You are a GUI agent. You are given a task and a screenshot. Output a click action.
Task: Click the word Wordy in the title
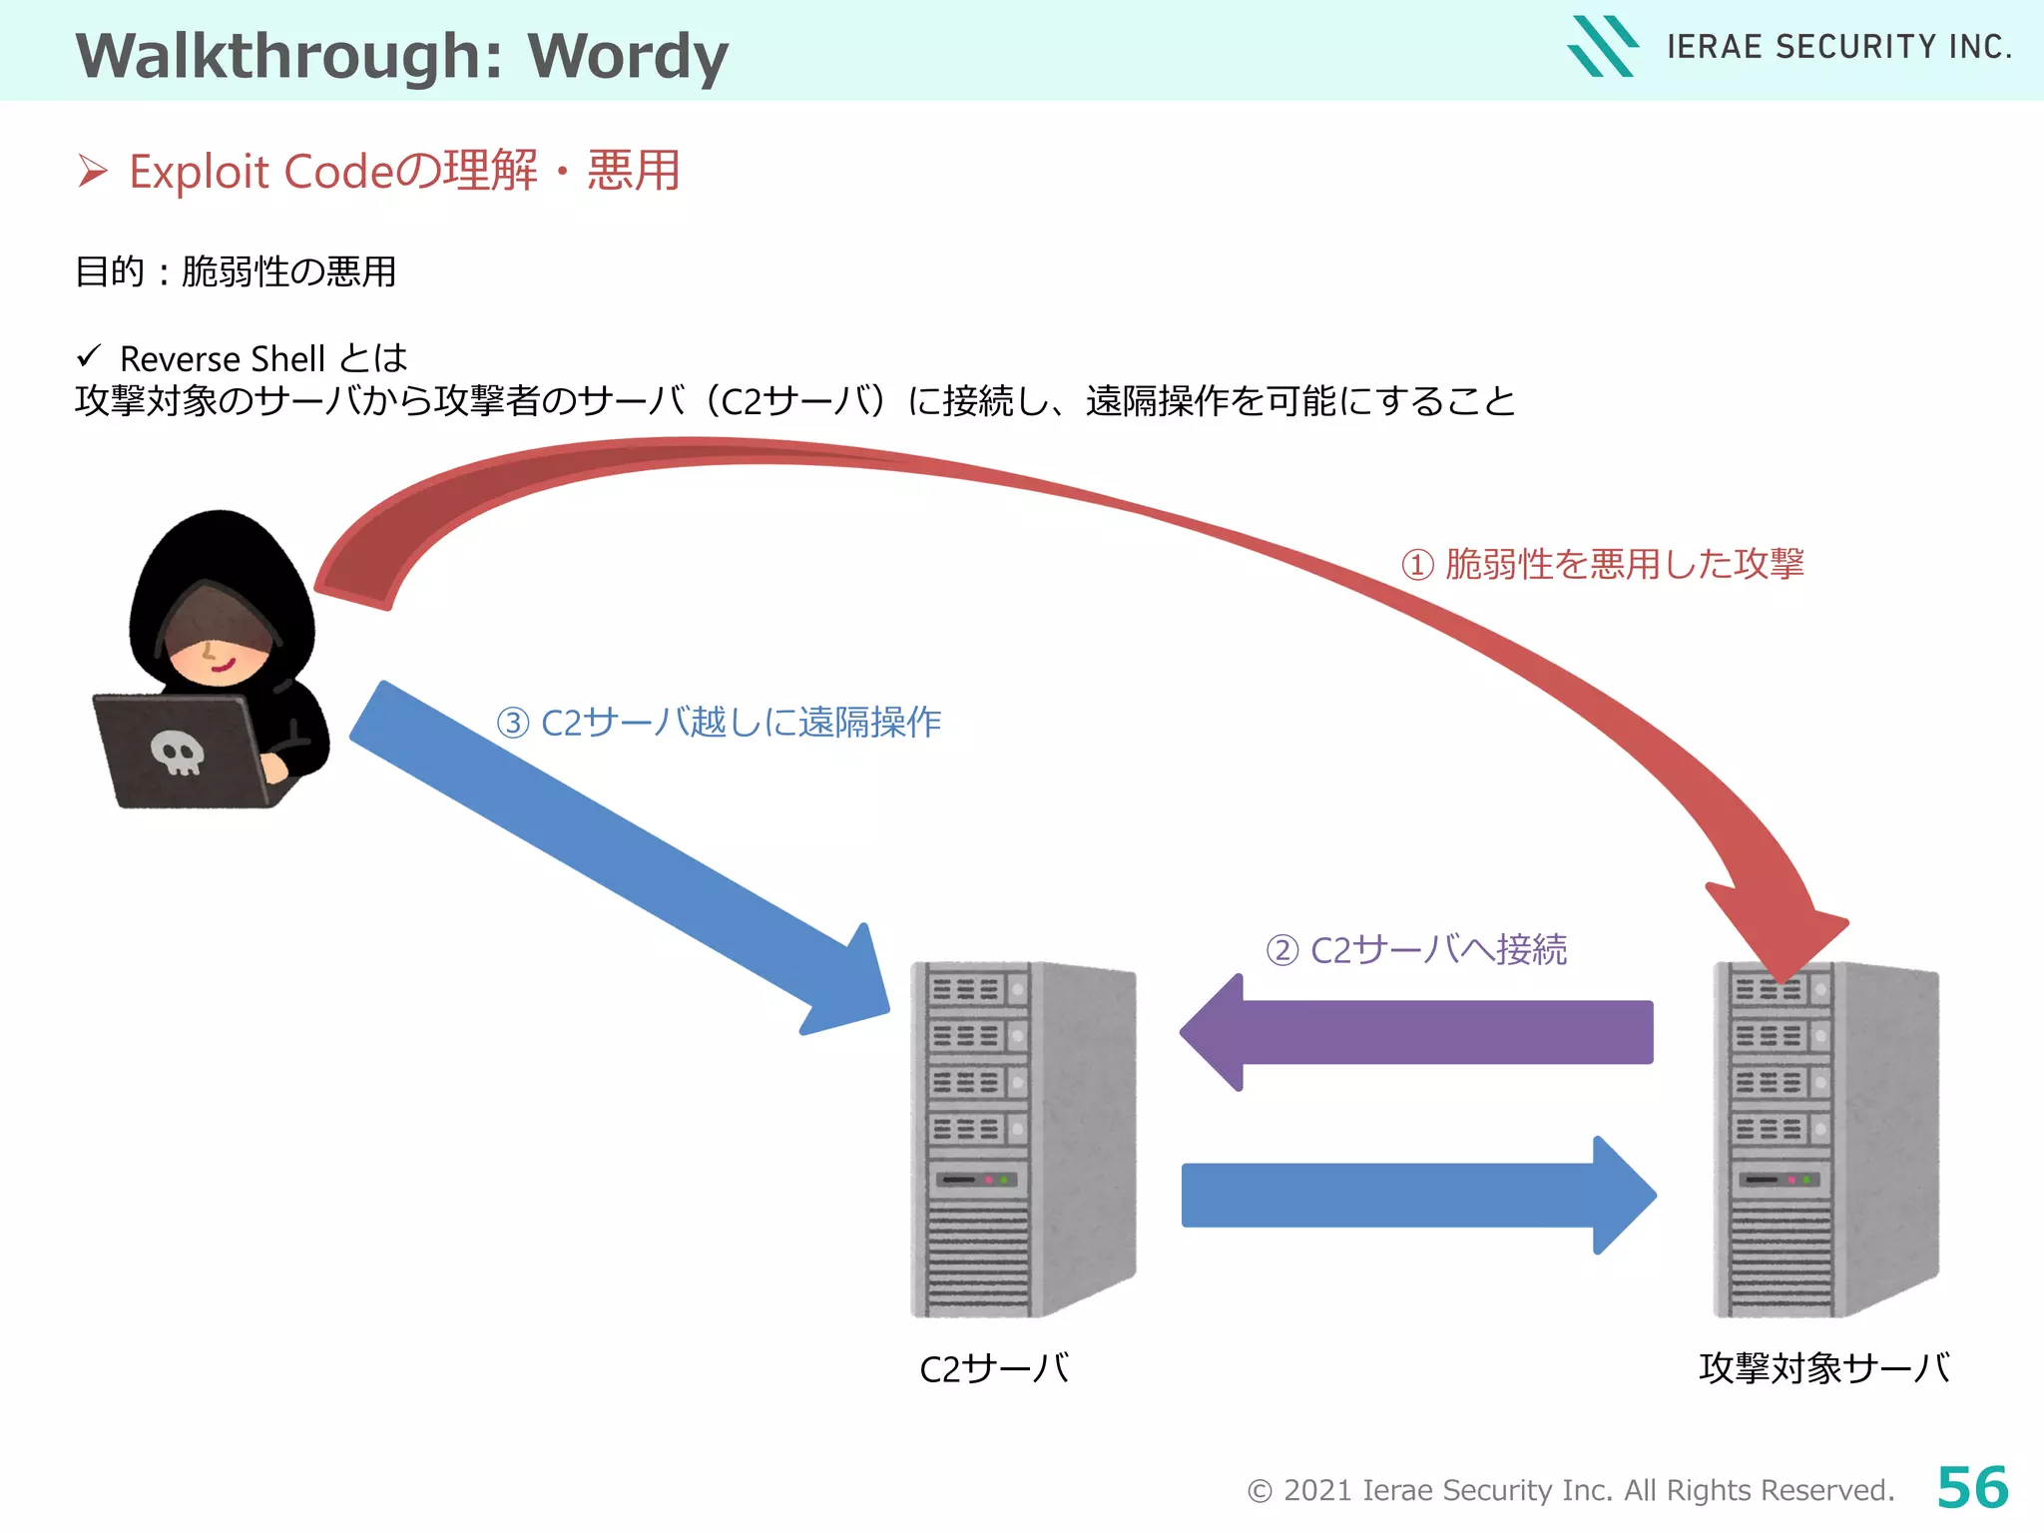click(628, 56)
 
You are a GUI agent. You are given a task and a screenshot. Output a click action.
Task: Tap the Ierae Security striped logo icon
click(1601, 46)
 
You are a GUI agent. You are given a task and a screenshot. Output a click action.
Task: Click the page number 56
click(1972, 1487)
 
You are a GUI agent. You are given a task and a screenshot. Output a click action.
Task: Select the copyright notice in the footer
click(1570, 1490)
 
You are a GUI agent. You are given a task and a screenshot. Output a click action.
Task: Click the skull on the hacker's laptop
click(178, 752)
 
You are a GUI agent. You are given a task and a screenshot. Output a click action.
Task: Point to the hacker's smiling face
click(215, 655)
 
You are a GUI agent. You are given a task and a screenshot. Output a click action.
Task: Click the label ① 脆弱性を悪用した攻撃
click(1603, 564)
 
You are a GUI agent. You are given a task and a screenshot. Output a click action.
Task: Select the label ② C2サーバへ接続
click(1416, 949)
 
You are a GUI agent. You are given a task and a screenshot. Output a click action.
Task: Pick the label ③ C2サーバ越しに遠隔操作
click(719, 722)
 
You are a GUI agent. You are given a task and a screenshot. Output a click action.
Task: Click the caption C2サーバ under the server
click(994, 1368)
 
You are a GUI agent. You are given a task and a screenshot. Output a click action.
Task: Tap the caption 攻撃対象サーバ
click(1824, 1367)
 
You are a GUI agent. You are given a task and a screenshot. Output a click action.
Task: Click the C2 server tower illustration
click(1023, 1138)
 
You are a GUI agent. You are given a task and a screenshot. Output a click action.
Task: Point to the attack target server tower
click(1825, 1138)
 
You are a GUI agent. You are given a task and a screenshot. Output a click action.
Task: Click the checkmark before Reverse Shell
click(89, 355)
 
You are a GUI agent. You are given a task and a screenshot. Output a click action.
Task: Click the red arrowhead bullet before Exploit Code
click(93, 172)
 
